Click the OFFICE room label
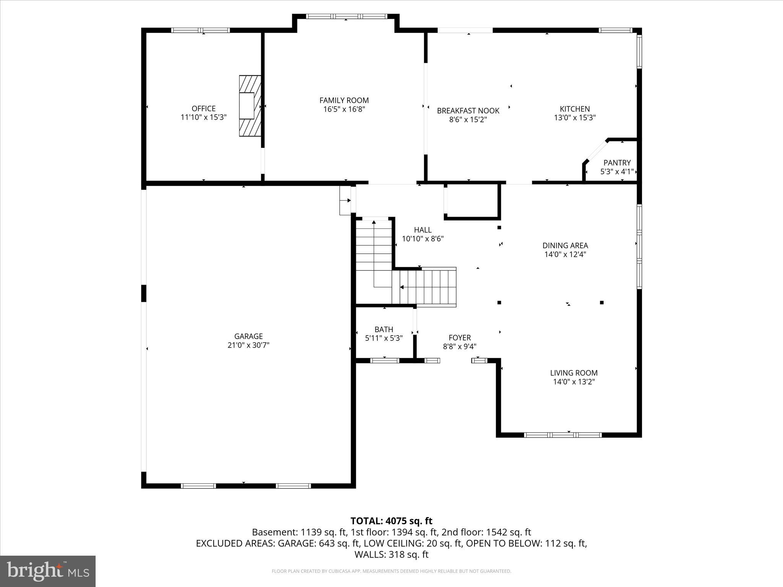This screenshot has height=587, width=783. pos(203,109)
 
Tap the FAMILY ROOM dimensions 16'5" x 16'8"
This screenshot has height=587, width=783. pos(344,109)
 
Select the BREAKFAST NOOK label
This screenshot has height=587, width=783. pos(468,111)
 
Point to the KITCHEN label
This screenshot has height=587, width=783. pos(575,109)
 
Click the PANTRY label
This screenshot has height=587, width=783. pos(617,163)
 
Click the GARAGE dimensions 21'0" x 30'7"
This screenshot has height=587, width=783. pos(248,345)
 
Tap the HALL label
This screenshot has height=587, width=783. pos(422,230)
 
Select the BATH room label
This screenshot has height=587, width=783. pos(383,329)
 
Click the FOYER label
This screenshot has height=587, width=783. pos(460,338)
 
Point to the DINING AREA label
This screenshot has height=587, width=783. pos(565,246)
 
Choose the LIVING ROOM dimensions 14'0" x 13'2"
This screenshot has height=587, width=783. pos(574,382)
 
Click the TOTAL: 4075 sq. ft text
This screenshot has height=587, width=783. pos(391,521)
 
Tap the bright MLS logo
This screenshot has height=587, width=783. pos(48,571)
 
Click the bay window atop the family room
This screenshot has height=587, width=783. pos(346,16)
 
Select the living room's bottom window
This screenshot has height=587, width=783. pos(563,435)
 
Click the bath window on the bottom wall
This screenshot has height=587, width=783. pos(385,360)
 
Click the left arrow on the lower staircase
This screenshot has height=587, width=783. pos(402,287)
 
